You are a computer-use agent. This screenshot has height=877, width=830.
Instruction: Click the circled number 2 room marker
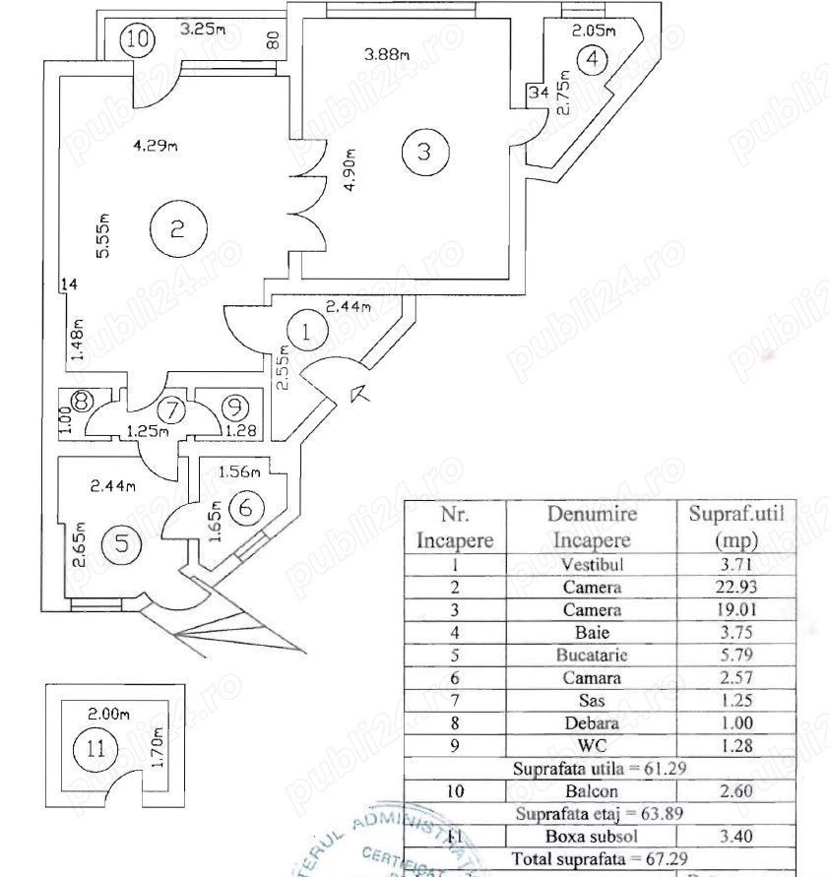(x=177, y=228)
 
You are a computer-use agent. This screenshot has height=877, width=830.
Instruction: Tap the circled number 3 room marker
(x=423, y=152)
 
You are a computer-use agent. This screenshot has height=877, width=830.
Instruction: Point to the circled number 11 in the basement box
(x=95, y=747)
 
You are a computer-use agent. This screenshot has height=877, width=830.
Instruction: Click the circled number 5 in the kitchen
(x=121, y=543)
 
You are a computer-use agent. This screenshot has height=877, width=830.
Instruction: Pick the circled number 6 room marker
(x=246, y=508)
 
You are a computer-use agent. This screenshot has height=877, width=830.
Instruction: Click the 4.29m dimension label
(x=155, y=147)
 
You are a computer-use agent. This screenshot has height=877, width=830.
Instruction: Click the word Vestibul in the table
(x=591, y=565)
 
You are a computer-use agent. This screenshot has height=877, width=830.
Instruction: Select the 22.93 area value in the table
(x=736, y=588)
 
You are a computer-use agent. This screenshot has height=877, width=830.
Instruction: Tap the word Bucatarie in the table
(x=591, y=654)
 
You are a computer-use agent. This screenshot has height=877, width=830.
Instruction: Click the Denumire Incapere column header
(x=591, y=527)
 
